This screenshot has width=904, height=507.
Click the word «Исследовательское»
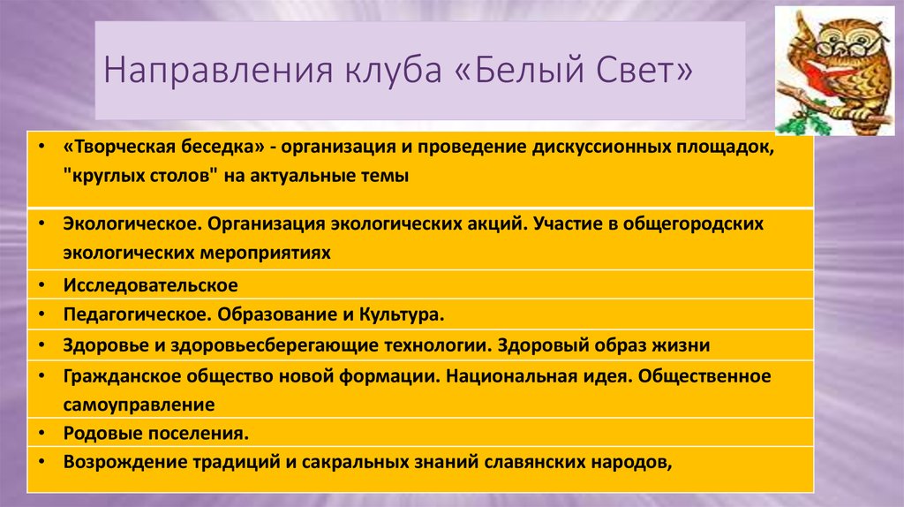[x=150, y=285]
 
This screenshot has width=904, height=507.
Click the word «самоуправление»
[x=139, y=404]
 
